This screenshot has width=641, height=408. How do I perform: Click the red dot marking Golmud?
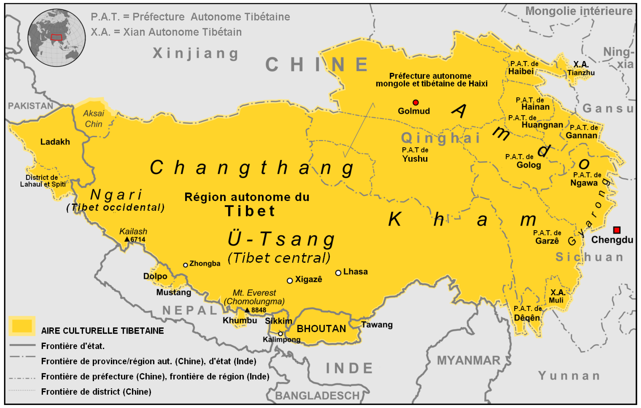416,102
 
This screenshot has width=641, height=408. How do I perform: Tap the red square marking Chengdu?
617,230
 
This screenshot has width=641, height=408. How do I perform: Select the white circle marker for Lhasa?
338,273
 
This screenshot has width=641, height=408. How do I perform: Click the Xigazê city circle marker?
290,281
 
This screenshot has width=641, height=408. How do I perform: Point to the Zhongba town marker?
186,265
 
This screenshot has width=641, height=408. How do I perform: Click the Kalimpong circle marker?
280,334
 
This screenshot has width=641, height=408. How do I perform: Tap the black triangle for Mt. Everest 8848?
247,310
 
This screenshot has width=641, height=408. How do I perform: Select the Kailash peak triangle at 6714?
127,239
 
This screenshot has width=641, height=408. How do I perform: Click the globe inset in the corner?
56,37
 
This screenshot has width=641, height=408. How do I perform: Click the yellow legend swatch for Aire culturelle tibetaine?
22,326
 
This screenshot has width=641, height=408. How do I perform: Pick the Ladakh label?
55,142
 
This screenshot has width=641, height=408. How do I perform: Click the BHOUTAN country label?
321,329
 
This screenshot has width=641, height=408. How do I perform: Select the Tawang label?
377,325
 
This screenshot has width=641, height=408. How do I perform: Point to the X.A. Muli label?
557,296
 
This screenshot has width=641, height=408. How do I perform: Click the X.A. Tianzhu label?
581,68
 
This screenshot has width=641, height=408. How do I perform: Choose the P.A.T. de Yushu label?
415,154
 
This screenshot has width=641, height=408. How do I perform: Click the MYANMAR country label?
468,360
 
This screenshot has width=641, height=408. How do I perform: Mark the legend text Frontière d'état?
73,346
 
